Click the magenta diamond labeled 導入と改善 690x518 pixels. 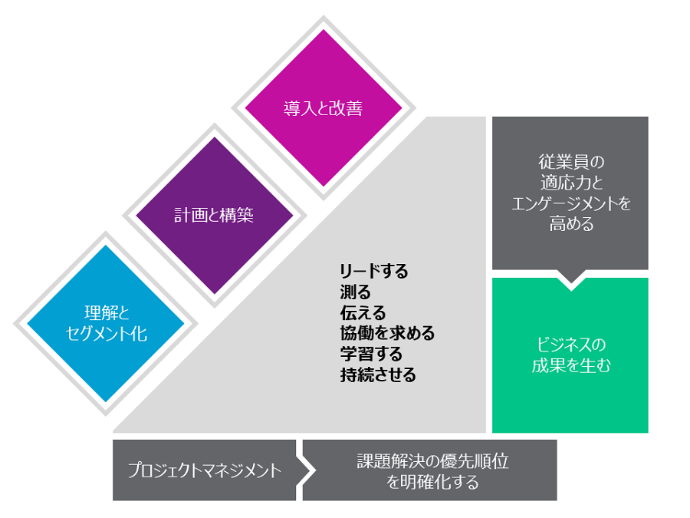(x=323, y=108)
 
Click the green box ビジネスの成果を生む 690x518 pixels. (x=570, y=355)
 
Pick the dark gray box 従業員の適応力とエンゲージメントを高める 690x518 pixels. (x=570, y=193)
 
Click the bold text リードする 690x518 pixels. (x=374, y=271)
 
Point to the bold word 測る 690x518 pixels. (x=355, y=292)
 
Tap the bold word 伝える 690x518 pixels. (x=363, y=312)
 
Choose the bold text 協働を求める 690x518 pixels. (x=387, y=333)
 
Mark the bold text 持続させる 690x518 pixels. (x=379, y=374)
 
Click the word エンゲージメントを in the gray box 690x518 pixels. (x=570, y=203)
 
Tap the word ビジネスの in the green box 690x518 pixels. (x=570, y=344)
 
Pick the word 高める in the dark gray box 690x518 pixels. (x=570, y=224)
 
